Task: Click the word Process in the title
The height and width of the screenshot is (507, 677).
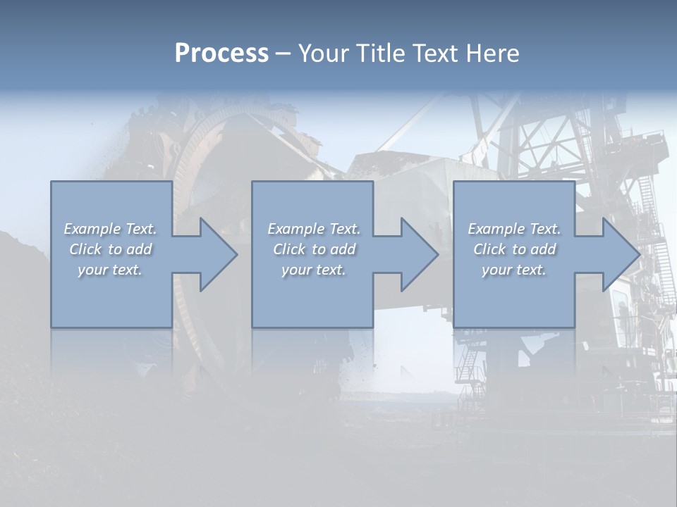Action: (x=221, y=54)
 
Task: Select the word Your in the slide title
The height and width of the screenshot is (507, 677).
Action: (x=324, y=54)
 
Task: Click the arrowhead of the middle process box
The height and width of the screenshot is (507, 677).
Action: (x=418, y=254)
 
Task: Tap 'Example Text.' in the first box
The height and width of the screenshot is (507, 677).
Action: (x=110, y=229)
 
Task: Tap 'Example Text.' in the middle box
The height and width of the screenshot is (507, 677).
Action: (x=314, y=229)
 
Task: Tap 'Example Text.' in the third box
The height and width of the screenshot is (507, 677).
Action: (x=514, y=229)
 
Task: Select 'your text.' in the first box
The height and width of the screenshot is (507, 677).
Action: (x=110, y=270)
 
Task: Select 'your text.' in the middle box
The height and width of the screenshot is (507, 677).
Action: (x=314, y=270)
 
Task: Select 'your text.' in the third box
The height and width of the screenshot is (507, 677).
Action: (x=514, y=270)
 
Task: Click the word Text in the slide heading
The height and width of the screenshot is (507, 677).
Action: (x=436, y=54)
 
